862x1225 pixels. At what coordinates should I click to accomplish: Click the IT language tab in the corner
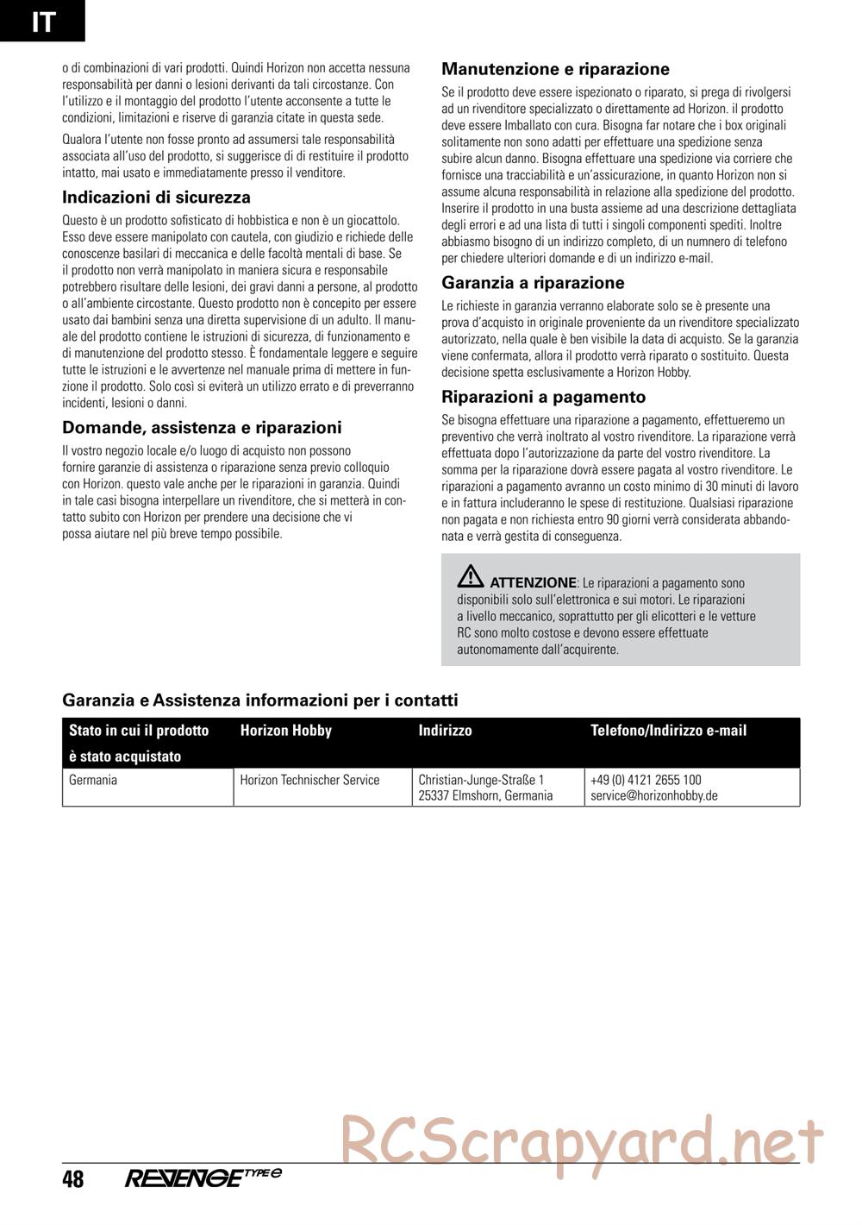click(42, 21)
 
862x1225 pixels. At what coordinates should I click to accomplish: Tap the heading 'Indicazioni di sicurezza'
click(156, 198)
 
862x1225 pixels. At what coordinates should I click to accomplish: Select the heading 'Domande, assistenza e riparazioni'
click(202, 428)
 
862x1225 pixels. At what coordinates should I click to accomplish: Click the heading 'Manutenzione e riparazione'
click(555, 69)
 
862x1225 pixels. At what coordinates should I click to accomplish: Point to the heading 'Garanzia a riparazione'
click(533, 283)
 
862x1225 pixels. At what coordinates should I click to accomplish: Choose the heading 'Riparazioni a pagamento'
click(543, 397)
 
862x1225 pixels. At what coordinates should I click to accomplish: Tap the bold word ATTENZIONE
click(532, 582)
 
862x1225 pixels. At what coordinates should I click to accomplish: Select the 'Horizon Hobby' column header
click(285, 731)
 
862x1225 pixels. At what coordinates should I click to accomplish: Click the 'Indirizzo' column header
click(445, 731)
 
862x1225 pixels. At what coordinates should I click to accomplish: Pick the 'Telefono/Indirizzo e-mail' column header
click(668, 731)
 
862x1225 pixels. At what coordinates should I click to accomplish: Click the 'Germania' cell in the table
click(93, 780)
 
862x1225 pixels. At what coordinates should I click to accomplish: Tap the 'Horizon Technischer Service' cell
click(309, 780)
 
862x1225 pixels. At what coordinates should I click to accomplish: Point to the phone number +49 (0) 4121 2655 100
click(646, 780)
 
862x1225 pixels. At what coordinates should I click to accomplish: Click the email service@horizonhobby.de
click(654, 795)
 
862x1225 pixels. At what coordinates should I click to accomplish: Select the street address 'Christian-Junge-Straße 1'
click(481, 780)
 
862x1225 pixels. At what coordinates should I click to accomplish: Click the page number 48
click(73, 1178)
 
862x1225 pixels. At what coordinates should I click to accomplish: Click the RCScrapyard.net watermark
click(583, 1139)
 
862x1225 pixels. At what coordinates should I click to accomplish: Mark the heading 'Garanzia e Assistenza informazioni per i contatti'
click(260, 700)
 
